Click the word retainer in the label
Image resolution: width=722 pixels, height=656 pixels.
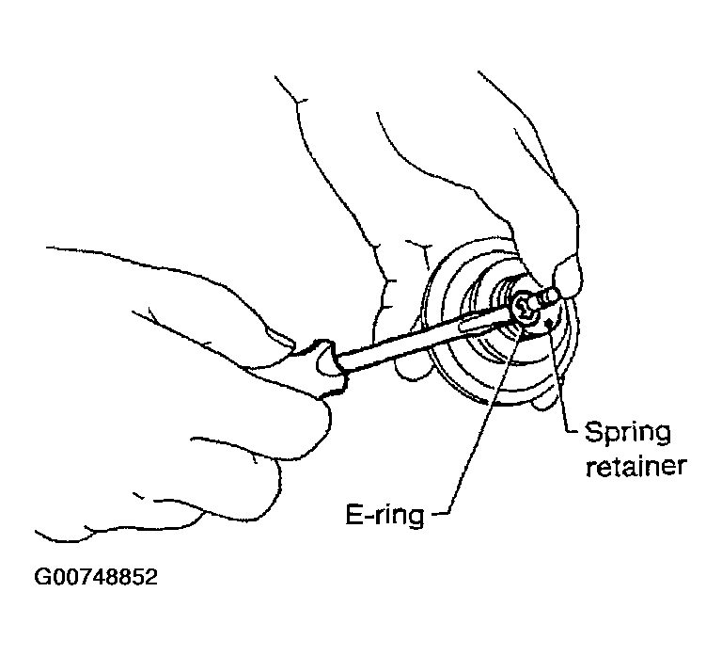(636, 466)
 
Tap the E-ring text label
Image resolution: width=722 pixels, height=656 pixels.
(385, 516)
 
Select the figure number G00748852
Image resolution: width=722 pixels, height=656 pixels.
(96, 577)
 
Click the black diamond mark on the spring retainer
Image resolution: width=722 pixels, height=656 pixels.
(549, 324)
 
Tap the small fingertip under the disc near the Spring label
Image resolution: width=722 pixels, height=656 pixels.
(544, 403)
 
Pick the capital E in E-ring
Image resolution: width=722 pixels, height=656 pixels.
(354, 514)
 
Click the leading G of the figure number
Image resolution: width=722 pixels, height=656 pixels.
(42, 577)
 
